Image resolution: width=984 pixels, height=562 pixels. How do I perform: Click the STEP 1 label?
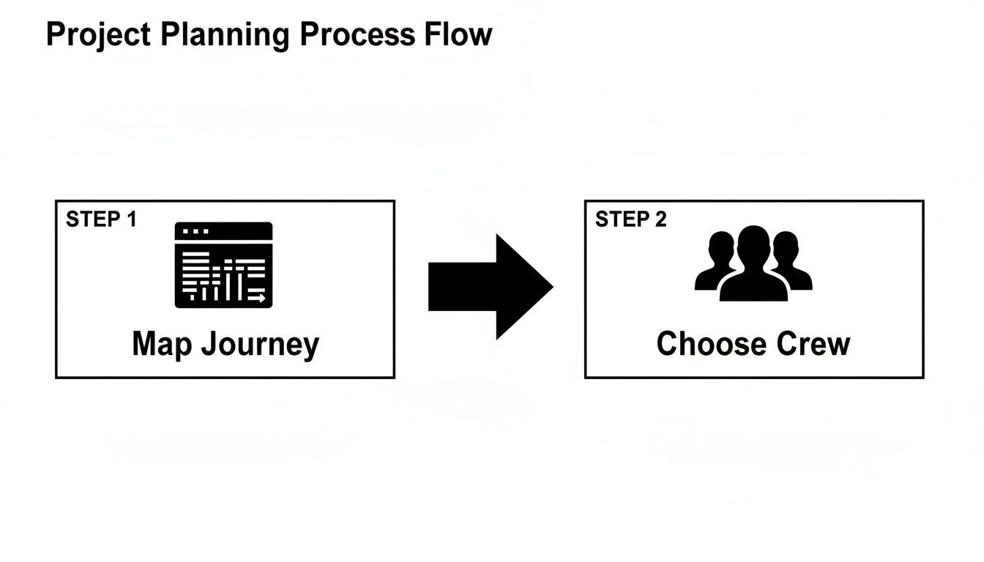[x=101, y=220]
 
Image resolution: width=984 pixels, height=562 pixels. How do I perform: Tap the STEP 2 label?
[x=630, y=220]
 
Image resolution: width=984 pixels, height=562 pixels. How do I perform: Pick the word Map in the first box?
[x=160, y=345]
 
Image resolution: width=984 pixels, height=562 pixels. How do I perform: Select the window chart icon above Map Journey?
[x=223, y=265]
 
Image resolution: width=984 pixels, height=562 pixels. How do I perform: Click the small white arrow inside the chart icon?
[x=257, y=298]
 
